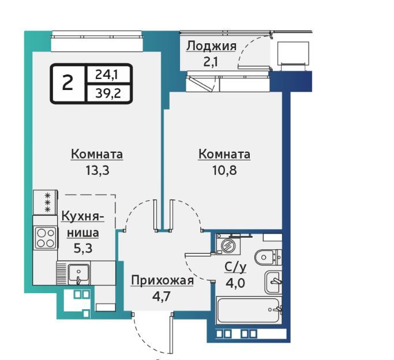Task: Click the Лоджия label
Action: coord(211,46)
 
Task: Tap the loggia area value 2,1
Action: coord(210,61)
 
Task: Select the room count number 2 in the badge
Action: coord(67,83)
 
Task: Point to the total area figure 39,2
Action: coord(108,93)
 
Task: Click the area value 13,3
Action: coord(97,171)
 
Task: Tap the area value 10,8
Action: coord(224,171)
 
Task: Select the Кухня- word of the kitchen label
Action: coord(83,216)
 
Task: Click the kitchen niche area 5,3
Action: coord(83,248)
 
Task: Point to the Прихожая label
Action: coord(162,280)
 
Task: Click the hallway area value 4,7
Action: coord(162,296)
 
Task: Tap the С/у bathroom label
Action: coord(235,267)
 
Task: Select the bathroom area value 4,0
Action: coord(235,283)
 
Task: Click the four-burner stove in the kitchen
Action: coord(46,238)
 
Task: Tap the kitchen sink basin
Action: coord(78,273)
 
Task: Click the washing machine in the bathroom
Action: coord(228,245)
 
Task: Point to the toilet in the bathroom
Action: coord(268,257)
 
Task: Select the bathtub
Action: coord(249,310)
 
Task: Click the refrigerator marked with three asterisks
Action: coord(45,202)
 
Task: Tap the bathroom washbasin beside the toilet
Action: coord(273,282)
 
